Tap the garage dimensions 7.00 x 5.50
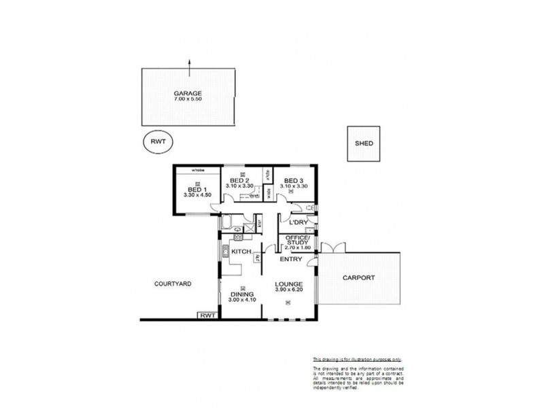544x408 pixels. (x=187, y=99)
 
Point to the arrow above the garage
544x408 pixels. (x=190, y=63)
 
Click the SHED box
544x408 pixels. (x=364, y=143)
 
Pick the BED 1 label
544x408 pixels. (x=194, y=190)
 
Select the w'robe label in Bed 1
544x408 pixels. (x=198, y=169)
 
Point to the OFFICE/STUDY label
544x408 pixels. (x=299, y=241)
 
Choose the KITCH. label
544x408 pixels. (x=242, y=252)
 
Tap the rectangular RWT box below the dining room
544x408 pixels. (x=207, y=315)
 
